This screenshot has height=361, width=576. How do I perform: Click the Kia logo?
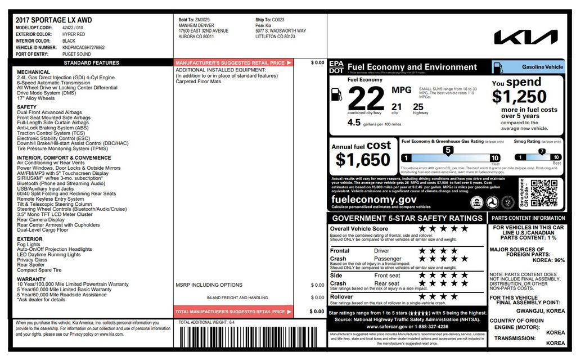pyautogui.click(x=525, y=37)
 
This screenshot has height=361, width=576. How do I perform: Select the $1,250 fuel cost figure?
pyautogui.click(x=519, y=97)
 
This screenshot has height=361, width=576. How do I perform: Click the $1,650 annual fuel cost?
pyautogui.click(x=363, y=160)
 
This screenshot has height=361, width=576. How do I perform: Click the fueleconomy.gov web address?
pyautogui.click(x=373, y=200)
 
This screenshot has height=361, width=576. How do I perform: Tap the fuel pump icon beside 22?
pyautogui.click(x=336, y=94)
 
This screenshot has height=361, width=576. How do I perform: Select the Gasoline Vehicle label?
pyautogui.click(x=542, y=67)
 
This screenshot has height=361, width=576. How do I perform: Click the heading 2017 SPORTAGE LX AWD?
pyautogui.click(x=53, y=20)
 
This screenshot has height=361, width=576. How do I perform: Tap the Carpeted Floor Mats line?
pyautogui.click(x=199, y=82)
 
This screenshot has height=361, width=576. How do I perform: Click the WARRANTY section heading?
pyautogui.click(x=31, y=279)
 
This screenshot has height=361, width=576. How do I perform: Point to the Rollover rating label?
pyautogui.click(x=341, y=296)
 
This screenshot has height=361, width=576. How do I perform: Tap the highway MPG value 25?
pyautogui.click(x=418, y=106)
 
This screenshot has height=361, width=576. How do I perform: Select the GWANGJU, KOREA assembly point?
pyautogui.click(x=541, y=311)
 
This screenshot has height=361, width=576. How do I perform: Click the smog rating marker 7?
pyautogui.click(x=542, y=151)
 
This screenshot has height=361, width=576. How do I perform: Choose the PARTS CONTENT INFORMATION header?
pyautogui.click(x=528, y=218)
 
